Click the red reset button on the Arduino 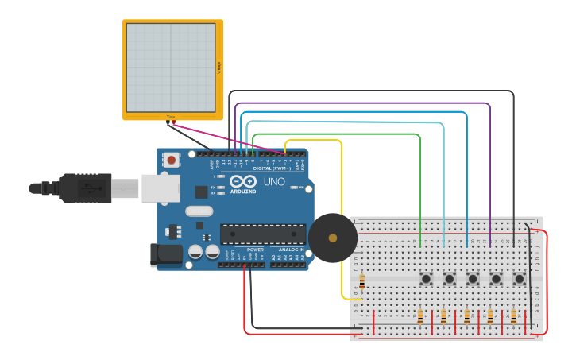171,160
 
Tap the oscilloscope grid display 171,68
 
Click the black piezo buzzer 332,238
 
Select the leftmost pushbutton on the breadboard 426,279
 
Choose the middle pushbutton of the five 473,279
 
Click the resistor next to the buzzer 362,282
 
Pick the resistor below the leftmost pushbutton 420,316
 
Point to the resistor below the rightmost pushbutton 513,316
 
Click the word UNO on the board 274,182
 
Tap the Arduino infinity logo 242,182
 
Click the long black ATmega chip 262,234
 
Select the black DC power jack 167,254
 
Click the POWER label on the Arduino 255,250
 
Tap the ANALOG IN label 290,250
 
